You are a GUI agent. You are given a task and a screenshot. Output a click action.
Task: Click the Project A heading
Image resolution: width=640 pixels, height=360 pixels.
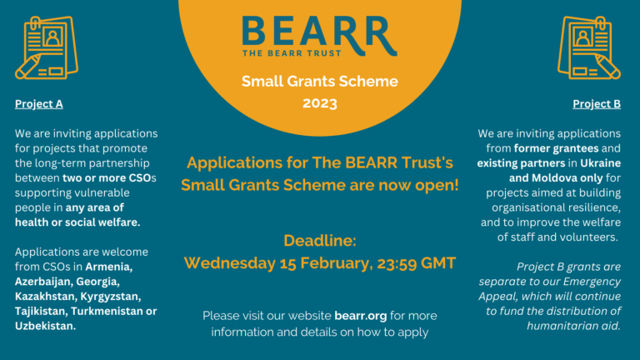pos(39,104)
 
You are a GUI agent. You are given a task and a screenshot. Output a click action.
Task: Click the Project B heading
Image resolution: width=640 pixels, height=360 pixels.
pos(597,104)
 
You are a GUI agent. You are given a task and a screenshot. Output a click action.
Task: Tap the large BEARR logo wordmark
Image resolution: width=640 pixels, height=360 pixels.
pos(319,32)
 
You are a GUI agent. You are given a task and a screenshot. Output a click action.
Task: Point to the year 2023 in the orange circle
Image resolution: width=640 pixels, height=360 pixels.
pos(320,102)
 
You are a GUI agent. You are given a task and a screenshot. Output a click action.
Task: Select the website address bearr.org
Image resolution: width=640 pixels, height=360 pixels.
pos(360,316)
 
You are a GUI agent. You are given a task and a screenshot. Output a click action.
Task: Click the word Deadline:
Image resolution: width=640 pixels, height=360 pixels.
pos(320,240)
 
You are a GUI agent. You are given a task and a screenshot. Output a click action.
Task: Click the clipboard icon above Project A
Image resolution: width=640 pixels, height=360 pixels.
pos(47,47)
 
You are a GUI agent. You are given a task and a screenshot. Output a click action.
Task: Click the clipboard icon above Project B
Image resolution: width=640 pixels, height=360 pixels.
pos(589,47)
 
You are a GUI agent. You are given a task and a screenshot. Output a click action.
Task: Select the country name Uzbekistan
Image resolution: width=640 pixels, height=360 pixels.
pos(45,326)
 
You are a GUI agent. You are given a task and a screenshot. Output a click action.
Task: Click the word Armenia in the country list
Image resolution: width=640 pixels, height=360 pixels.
pos(108,267)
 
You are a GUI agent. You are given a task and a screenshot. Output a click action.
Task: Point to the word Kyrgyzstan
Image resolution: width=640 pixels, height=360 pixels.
pos(110,297)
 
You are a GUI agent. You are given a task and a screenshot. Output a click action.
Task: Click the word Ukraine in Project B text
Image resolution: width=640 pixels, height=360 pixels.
pos(600,162)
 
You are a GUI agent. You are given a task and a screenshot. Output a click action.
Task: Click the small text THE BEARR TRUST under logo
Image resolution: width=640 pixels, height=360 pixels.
pos(292,53)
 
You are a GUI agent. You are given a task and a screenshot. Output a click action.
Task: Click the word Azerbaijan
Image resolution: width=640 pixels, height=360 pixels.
pos(43,282)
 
